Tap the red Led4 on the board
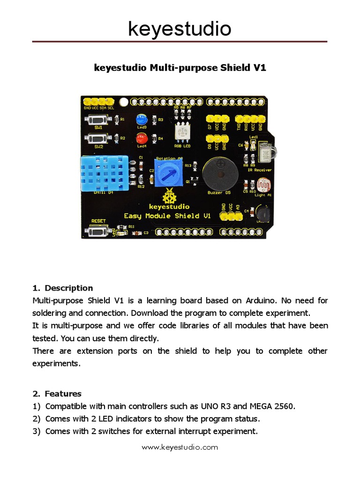point(141,138)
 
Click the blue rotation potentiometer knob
point(167,175)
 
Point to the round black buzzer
point(220,174)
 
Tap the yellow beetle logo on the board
point(169,196)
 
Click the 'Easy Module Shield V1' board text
point(167,216)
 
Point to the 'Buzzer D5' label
point(219,192)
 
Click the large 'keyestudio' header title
point(180,29)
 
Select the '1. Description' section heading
point(63,288)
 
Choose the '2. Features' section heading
point(57,394)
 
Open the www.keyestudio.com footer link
point(180,447)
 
